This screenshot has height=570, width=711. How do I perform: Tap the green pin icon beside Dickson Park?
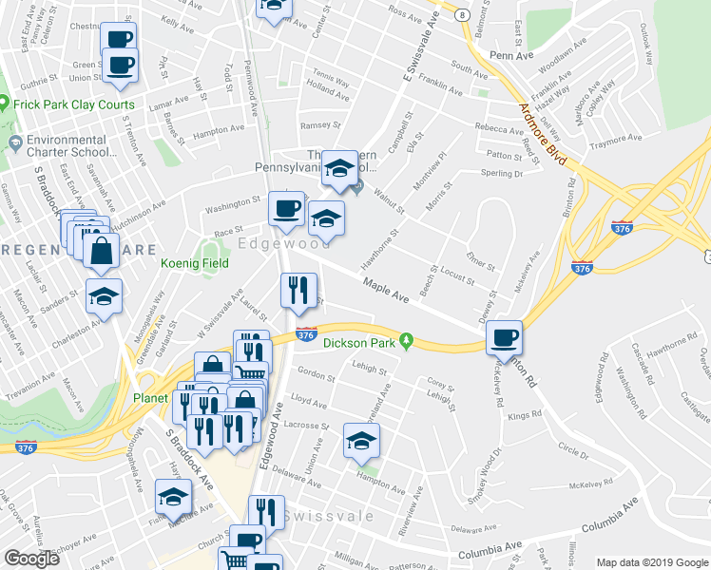click(406, 340)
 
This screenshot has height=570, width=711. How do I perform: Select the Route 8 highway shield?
click(461, 17)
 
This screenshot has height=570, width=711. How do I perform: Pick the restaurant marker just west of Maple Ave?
click(298, 290)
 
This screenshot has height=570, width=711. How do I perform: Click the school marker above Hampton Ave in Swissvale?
click(361, 440)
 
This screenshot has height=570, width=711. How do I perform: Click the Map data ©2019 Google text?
click(651, 562)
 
